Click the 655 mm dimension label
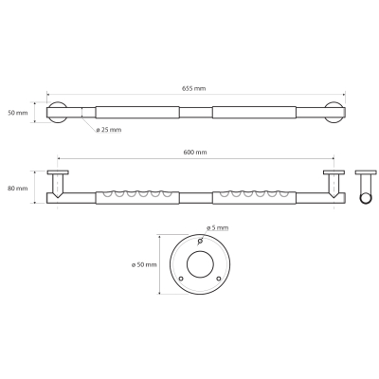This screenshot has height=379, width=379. point(193,88)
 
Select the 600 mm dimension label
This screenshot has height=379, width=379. point(195,153)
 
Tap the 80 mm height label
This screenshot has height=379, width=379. point(18,189)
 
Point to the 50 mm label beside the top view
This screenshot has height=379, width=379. point(18,113)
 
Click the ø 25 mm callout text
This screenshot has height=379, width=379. point(109,130)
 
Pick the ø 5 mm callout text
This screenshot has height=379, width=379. point(217,227)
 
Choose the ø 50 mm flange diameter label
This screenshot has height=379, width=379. point(144,264)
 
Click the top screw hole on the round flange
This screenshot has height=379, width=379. point(200,242)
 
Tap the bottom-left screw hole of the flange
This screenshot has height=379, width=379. point(181,279)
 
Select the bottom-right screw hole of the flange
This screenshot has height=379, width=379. point(219,279)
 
